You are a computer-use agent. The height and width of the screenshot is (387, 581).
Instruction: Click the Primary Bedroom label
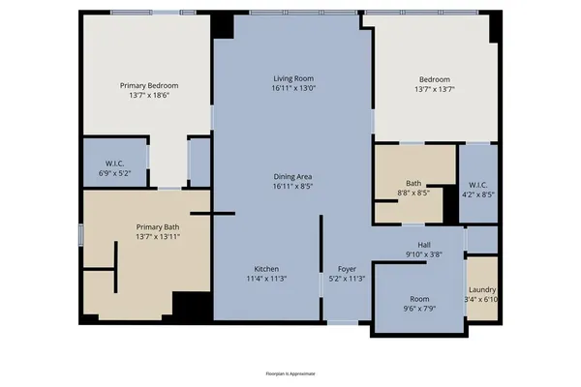(x=148, y=85)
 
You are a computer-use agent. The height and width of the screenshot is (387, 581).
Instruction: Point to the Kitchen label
(x=267, y=268)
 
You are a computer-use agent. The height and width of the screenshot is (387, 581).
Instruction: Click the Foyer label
(x=347, y=268)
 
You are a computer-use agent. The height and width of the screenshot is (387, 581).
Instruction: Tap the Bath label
(x=413, y=183)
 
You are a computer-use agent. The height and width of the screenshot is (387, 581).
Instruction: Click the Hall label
(x=423, y=245)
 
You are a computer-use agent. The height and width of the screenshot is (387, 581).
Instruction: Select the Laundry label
(x=482, y=289)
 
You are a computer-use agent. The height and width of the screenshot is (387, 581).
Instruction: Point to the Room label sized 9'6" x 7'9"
(x=418, y=299)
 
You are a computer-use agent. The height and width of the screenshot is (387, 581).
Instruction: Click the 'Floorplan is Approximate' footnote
(x=290, y=372)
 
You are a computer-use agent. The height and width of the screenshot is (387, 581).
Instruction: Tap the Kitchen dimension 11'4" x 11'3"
(x=267, y=278)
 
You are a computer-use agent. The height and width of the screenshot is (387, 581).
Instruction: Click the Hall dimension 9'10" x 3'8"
(x=423, y=254)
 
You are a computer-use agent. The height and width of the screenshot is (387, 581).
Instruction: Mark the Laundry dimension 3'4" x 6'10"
(x=482, y=299)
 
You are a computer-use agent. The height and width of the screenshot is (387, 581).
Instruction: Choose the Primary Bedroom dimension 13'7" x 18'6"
(x=148, y=95)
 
